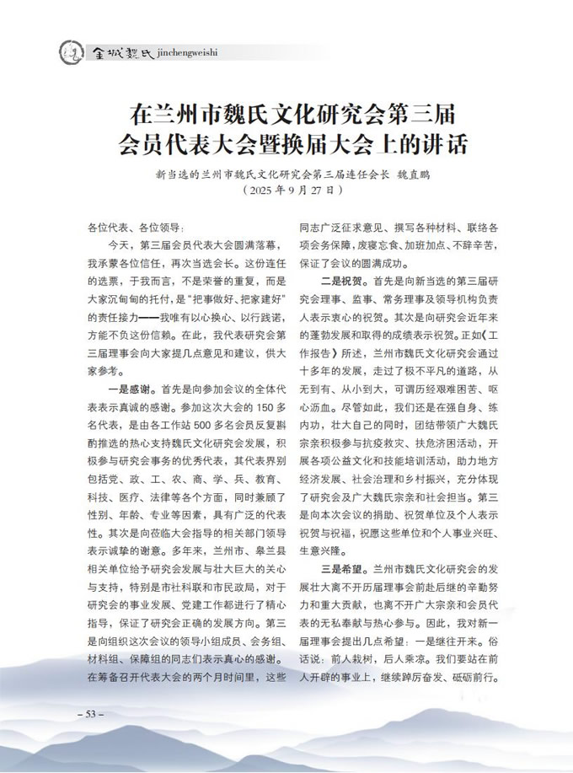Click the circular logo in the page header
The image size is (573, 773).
tap(71, 53)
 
